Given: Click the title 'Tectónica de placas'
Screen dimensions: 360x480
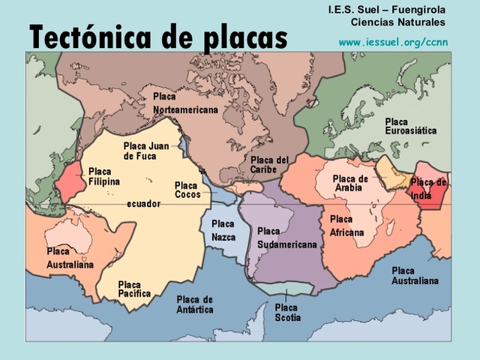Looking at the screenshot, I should coord(158,35).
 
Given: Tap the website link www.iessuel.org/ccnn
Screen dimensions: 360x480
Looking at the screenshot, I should coord(393,42).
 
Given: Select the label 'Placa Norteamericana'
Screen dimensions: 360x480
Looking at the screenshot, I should coord(184,103).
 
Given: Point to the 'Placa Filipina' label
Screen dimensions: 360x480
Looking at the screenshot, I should coord(104,177).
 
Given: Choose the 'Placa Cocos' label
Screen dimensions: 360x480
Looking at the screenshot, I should coord(187,190).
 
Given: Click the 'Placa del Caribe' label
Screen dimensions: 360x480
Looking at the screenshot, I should coord(269,164).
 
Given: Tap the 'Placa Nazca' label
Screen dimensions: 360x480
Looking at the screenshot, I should coord(223,230).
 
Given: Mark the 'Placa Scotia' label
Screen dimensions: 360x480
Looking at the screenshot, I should coord(287,313).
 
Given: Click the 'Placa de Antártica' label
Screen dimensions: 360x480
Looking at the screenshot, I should coord(195,304).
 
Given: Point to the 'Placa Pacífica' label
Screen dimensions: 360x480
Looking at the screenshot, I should coord(134,289).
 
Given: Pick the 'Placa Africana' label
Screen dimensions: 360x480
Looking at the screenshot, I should coord(346,226).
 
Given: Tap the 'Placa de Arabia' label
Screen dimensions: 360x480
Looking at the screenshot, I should coord(350,183).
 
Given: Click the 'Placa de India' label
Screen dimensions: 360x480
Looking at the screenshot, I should coord(428,189).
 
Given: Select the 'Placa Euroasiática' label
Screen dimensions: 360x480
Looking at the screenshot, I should coord(410,126).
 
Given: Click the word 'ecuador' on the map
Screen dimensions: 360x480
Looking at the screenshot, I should coord(143,203).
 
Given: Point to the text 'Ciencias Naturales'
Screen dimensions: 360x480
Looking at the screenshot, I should coord(398,22).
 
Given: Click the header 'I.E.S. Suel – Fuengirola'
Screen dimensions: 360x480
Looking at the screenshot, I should coord(387,10).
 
